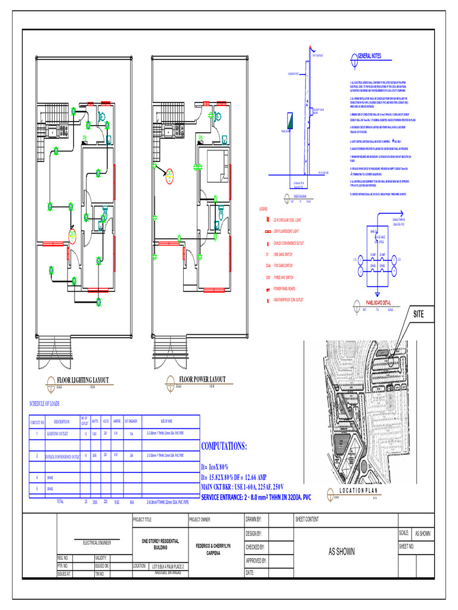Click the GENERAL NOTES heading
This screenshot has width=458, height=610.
click(369, 56)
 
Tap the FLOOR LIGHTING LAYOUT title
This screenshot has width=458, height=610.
click(83, 379)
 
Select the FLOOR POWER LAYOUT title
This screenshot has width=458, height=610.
click(203, 379)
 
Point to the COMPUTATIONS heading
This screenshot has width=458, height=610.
click(224, 447)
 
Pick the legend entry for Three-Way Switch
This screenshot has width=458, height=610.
click(285, 277)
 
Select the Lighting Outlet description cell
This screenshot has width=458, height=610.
click(62, 435)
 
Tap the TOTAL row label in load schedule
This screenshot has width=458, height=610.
click(60, 502)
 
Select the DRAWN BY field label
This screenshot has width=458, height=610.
click(254, 519)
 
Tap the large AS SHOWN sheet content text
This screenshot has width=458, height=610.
click(346, 552)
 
